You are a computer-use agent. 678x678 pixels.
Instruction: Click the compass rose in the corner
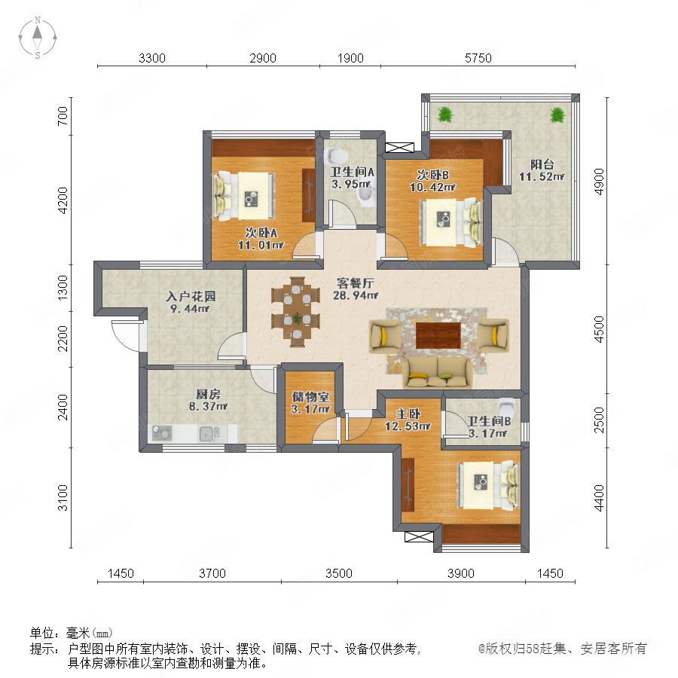pos(38,38)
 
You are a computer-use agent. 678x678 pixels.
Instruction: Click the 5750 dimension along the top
pos(478,58)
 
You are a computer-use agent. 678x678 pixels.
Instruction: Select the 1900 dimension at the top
pos(350,58)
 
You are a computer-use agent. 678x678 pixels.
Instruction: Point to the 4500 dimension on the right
pos(599,329)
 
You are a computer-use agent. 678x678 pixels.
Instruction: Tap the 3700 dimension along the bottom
pos(212,573)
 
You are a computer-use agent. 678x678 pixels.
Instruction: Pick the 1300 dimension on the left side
pos(63,288)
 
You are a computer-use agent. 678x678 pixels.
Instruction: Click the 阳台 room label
pos(542,164)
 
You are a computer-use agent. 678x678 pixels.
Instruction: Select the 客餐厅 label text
pos(356,283)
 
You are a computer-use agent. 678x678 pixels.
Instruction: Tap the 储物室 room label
pos(310,396)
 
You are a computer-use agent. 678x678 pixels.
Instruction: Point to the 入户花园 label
pos(191,296)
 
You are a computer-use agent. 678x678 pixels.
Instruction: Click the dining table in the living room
pos(297,311)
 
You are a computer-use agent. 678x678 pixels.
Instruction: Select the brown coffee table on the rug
pos(438,335)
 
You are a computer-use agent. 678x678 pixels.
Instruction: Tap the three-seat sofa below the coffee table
pos(438,372)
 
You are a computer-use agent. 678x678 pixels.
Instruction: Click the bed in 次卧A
pos(244,196)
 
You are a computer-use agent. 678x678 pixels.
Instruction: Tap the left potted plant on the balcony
pos(444,115)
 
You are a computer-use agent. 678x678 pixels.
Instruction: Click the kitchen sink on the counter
pos(209,433)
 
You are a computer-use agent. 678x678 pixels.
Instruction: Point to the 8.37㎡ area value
pos(208,407)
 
